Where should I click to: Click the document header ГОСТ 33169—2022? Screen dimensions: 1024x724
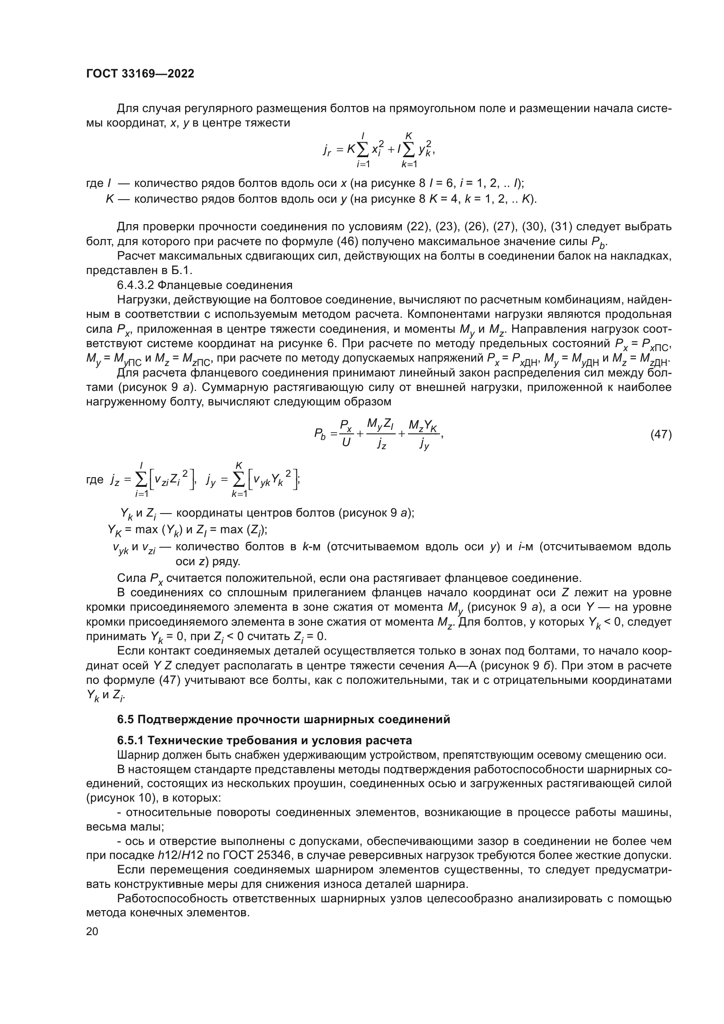tap(140, 74)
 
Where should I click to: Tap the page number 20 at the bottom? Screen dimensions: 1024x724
tap(92, 931)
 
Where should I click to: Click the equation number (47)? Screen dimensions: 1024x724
tap(661, 434)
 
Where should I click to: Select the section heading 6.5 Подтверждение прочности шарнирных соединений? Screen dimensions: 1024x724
tap(284, 719)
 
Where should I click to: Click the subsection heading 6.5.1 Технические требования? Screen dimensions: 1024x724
tap(264, 741)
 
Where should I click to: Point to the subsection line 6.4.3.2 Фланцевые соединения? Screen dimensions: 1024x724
tap(204, 285)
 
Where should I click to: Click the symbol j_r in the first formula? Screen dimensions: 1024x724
tap(327, 151)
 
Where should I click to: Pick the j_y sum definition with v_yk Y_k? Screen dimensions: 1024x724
tap(252, 480)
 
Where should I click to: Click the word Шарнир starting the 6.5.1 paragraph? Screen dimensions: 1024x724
tap(132, 755)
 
